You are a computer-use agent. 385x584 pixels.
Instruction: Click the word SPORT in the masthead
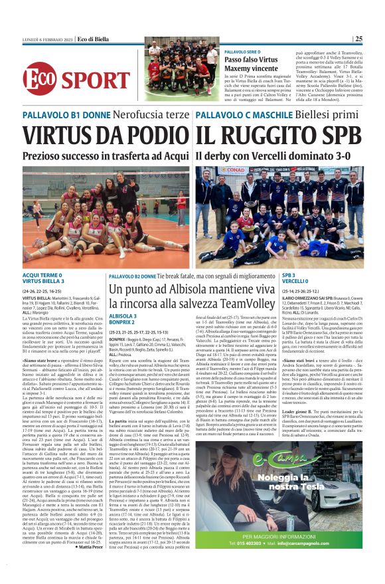(x=97, y=80)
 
